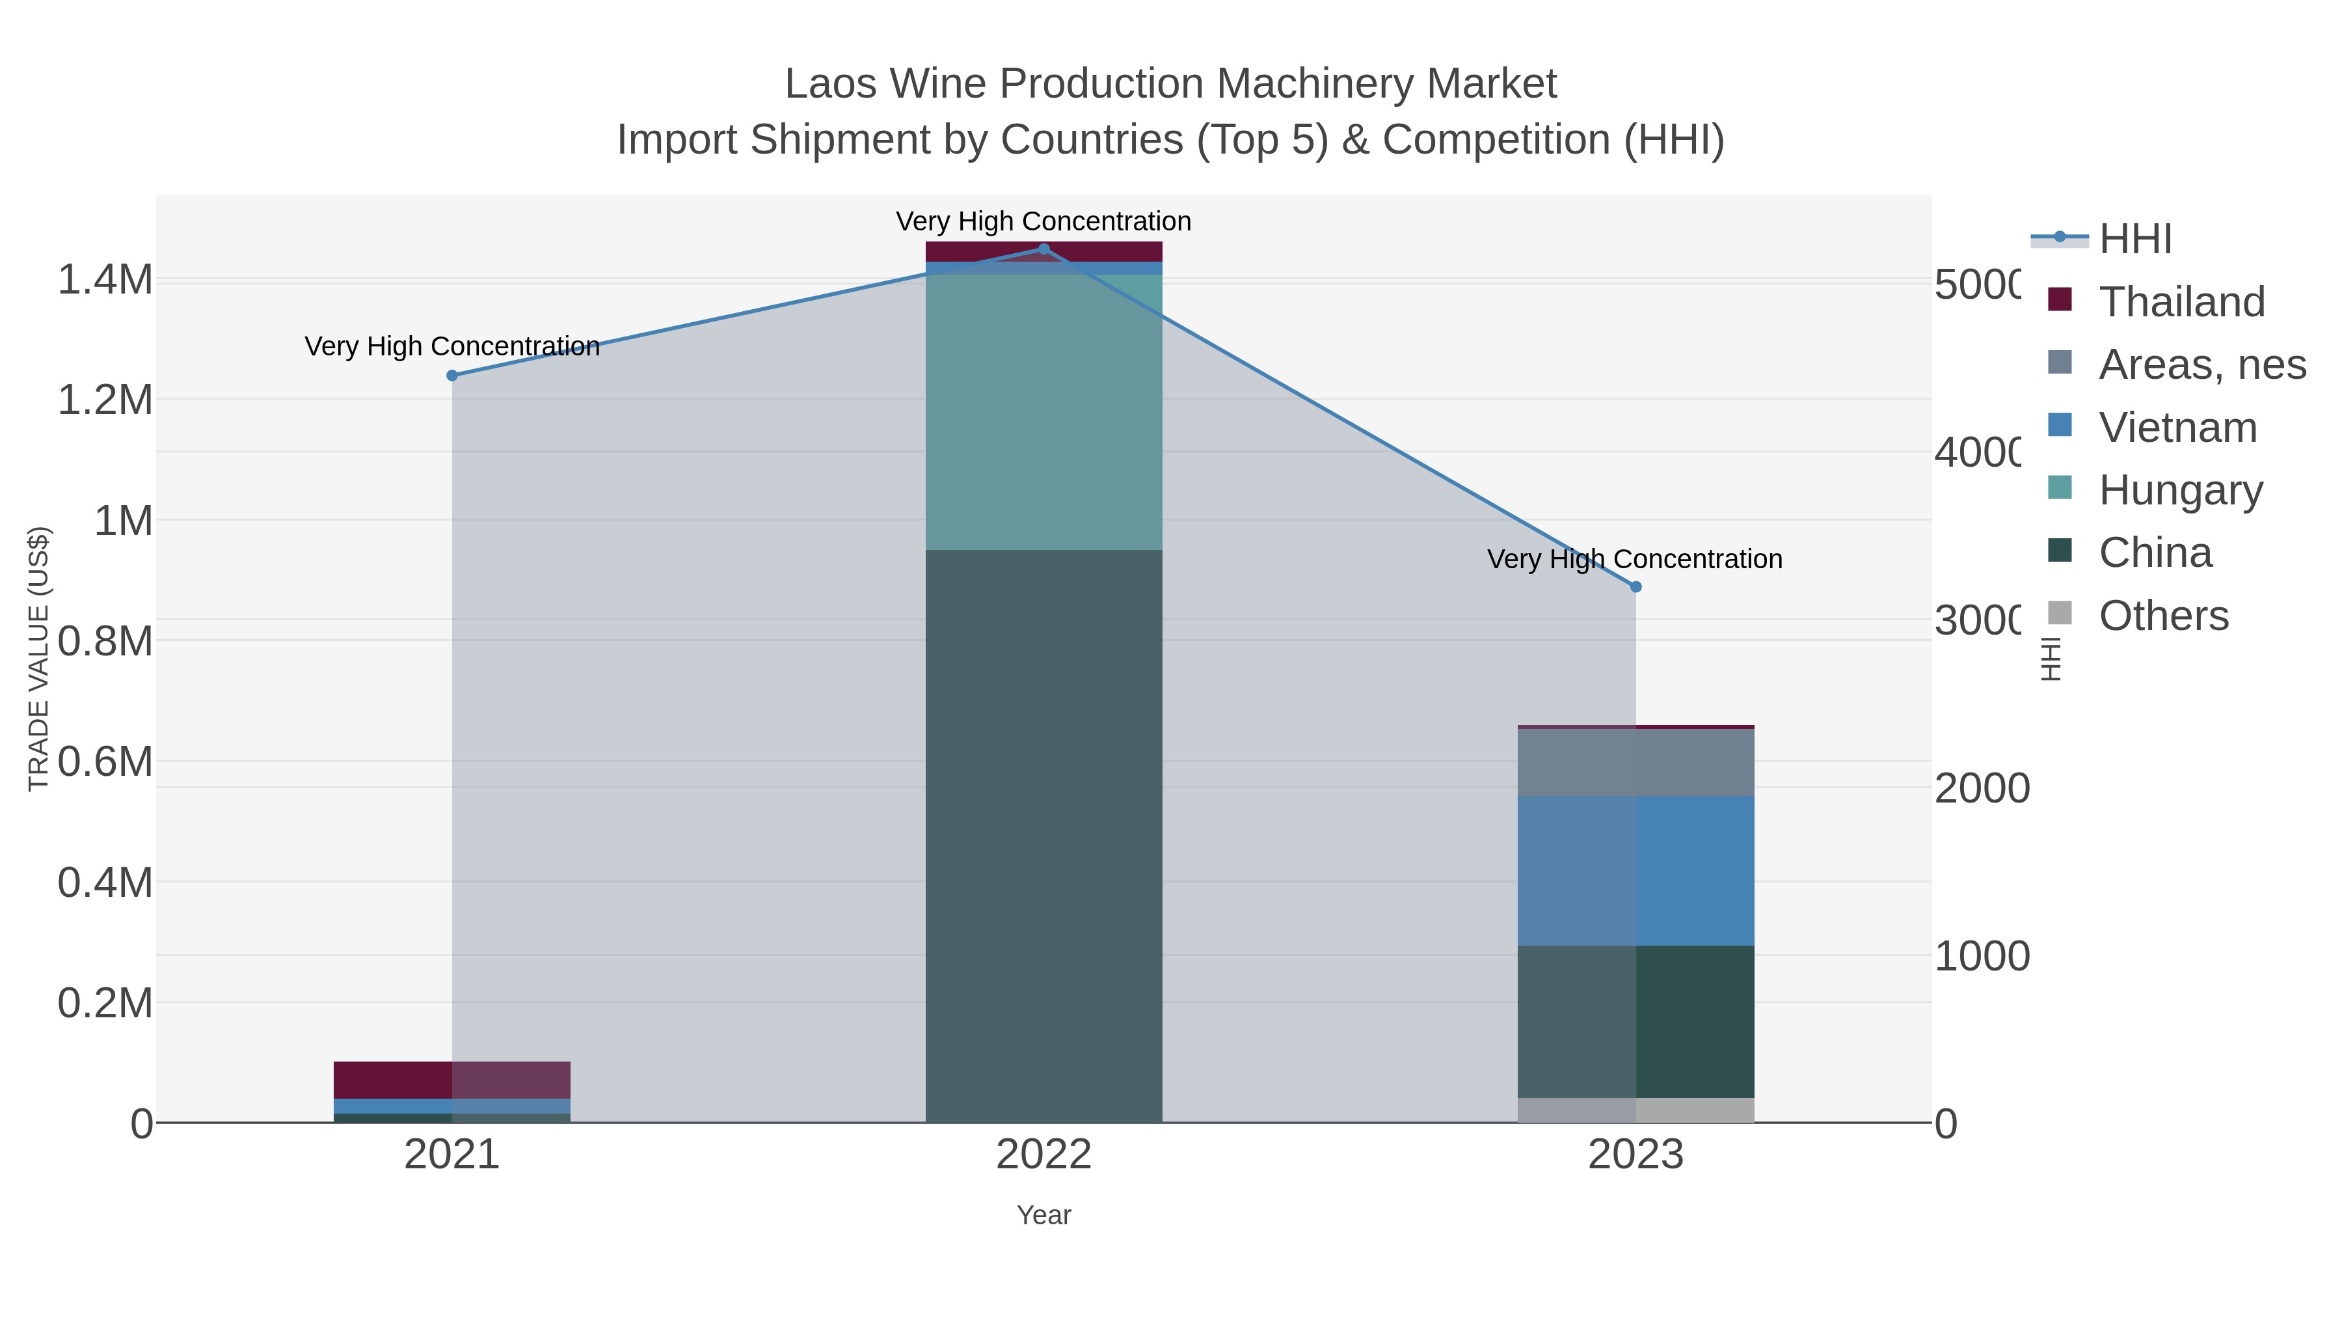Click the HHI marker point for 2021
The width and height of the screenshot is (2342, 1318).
point(452,376)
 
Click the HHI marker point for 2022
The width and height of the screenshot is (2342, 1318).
point(1043,249)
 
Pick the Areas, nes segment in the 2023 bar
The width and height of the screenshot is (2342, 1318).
point(1635,762)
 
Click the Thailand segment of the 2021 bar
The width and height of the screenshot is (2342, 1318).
point(452,1080)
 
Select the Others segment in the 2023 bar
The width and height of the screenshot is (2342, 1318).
point(1635,1110)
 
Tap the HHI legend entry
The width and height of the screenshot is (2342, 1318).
point(2134,240)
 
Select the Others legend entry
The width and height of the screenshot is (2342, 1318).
point(2163,616)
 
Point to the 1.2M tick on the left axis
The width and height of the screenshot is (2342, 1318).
point(105,400)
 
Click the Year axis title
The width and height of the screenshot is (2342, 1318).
point(1043,1215)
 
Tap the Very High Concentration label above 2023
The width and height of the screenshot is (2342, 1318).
point(1634,559)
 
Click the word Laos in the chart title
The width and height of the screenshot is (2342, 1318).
point(831,85)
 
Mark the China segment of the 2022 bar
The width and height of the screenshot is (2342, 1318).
point(1043,836)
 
